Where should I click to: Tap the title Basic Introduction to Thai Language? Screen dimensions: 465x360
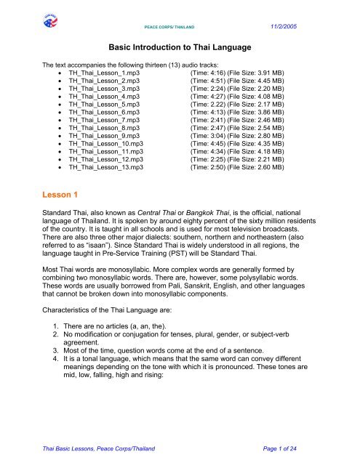(x=179, y=47)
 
